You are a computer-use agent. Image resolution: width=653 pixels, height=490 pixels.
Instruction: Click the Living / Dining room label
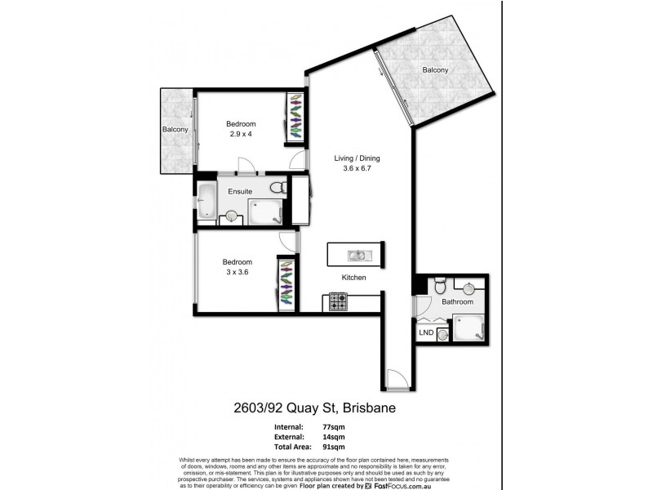pyautogui.click(x=357, y=158)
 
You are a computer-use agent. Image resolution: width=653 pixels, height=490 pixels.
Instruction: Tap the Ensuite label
pyautogui.click(x=240, y=191)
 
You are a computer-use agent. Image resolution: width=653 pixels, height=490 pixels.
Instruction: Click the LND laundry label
pyautogui.click(x=425, y=332)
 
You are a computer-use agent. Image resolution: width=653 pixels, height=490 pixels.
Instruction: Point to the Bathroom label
pyautogui.click(x=457, y=302)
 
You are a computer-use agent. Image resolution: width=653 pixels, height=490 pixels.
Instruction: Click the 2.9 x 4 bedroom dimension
pyautogui.click(x=240, y=134)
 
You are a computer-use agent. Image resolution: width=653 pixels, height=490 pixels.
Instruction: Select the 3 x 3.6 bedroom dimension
pyautogui.click(x=235, y=272)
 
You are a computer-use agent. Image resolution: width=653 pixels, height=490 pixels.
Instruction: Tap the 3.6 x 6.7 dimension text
pyautogui.click(x=357, y=169)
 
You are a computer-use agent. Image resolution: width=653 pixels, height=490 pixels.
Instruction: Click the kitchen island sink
pyautogui.click(x=358, y=255)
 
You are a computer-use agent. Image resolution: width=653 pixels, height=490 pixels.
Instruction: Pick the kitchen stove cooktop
pyautogui.click(x=338, y=302)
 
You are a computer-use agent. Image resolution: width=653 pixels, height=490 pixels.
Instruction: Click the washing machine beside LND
pyautogui.click(x=442, y=333)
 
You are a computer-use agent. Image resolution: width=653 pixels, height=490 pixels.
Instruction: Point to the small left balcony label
pyautogui.click(x=175, y=130)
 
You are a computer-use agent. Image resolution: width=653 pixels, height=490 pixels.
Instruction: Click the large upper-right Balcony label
pyautogui.click(x=435, y=70)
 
